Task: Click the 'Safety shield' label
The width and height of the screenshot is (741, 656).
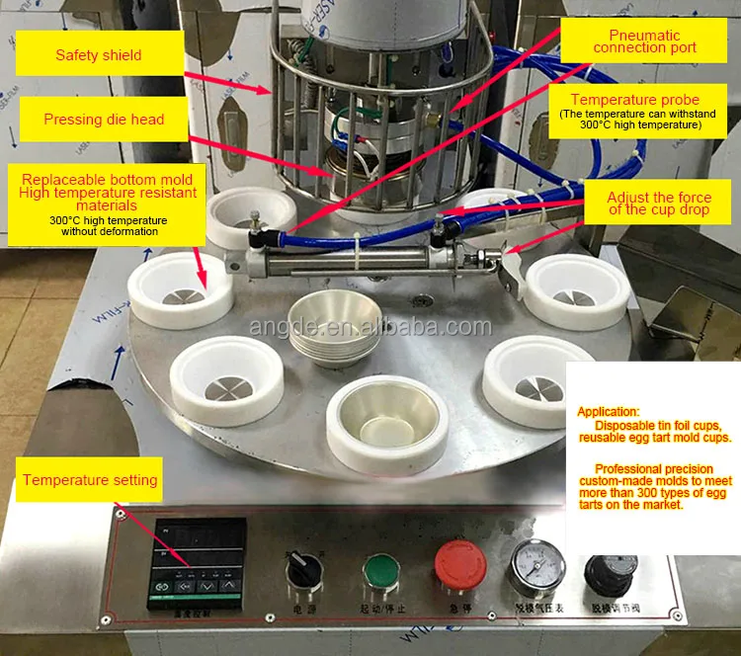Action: point(98,54)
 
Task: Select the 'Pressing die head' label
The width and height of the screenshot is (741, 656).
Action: point(103,120)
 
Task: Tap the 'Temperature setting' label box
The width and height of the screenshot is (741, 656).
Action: point(90,480)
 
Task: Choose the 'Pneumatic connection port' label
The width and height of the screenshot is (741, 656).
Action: point(645,41)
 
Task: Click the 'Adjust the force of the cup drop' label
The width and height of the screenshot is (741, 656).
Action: point(659,204)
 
